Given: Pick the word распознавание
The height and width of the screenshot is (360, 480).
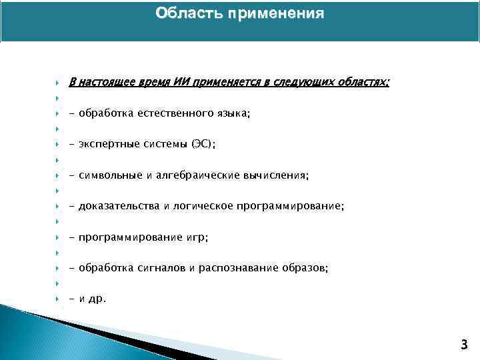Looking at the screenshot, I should (239, 268).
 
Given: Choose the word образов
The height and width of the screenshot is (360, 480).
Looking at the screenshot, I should (305, 268).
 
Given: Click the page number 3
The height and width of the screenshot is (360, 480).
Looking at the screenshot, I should (464, 345).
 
